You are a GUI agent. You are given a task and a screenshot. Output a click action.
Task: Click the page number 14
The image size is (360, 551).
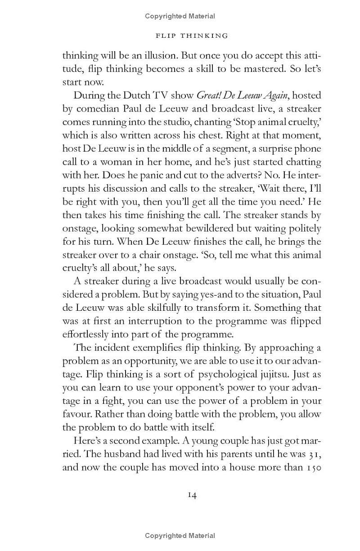[192, 495]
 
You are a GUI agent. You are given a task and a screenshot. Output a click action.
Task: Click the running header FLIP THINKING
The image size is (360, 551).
[191, 36]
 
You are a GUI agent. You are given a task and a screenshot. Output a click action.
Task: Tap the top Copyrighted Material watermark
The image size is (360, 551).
[180, 16]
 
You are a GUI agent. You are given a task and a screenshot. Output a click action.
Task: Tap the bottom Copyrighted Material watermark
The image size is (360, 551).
[180, 535]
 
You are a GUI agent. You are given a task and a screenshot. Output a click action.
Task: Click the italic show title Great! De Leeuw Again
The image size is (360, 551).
[243, 95]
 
